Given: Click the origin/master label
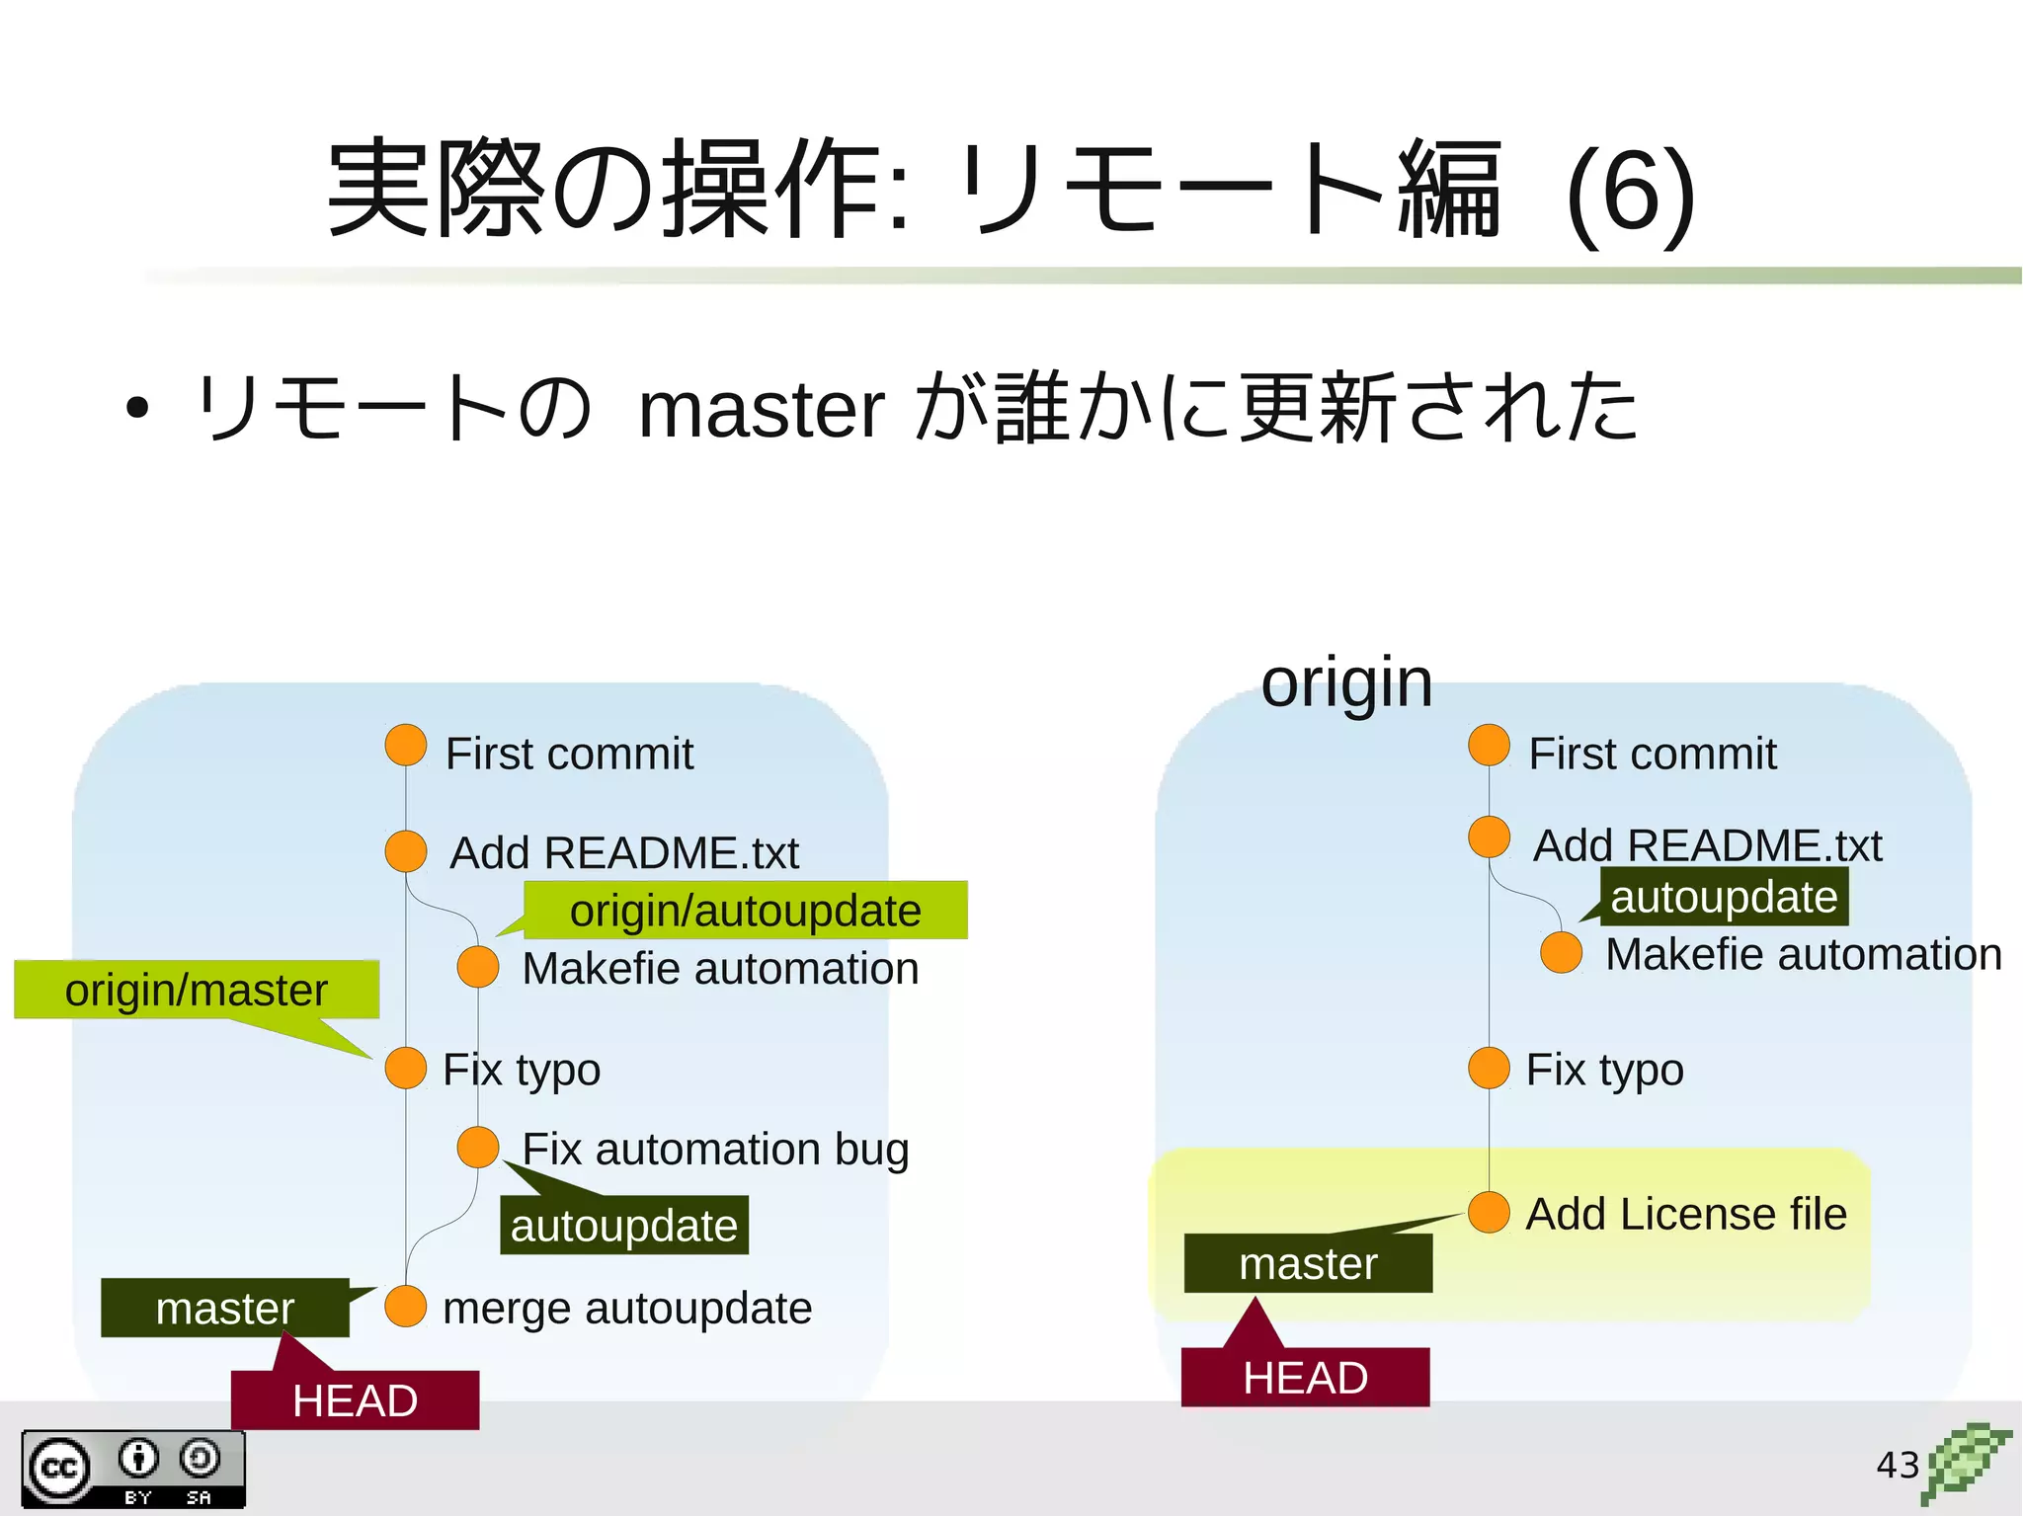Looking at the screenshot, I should [196, 990].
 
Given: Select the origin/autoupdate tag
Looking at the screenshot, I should [745, 910].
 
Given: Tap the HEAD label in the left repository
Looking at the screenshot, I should [355, 1400].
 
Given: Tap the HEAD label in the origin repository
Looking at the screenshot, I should [1305, 1377].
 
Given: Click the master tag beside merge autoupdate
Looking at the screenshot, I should [225, 1309].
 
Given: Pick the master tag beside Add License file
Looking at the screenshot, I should [1308, 1263].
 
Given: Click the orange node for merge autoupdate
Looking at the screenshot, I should [405, 1307].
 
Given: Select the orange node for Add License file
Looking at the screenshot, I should [1489, 1213].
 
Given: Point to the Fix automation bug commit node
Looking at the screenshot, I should [478, 1148].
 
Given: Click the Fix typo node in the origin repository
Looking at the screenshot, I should [1489, 1069].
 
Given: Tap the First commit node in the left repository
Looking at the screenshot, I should [405, 746].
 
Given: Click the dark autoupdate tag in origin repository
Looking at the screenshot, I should [1724, 897].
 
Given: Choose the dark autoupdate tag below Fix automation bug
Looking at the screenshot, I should [624, 1226].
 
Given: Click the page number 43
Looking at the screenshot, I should [1897, 1465].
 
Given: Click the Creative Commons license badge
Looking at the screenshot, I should [133, 1470].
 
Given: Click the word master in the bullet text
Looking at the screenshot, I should [761, 410].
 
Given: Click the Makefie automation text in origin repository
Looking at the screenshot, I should [1803, 954].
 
